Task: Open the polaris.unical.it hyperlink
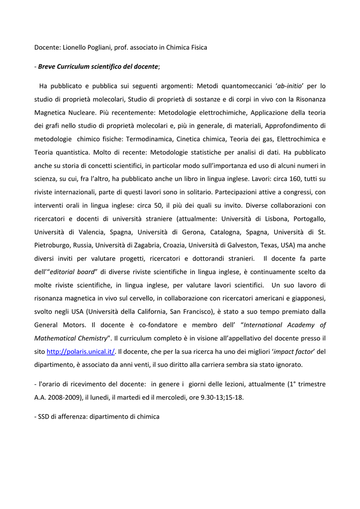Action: coord(81,351)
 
